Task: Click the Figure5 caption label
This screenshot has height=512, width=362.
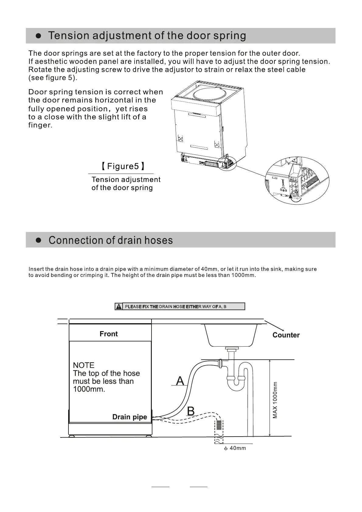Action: [x=123, y=166]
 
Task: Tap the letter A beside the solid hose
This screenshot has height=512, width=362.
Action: [x=180, y=381]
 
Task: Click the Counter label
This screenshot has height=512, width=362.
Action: [x=286, y=335]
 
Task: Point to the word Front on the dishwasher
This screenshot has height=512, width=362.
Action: [x=109, y=334]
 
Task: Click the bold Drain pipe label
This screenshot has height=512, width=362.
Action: [x=130, y=417]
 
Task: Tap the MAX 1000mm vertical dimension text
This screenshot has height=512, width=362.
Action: [x=275, y=400]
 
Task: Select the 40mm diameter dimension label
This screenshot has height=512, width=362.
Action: [x=235, y=448]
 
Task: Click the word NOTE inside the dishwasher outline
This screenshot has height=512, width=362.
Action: [x=84, y=365]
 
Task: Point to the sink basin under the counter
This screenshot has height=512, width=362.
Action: [x=231, y=335]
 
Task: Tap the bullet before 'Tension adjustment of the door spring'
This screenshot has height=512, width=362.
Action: [x=39, y=36]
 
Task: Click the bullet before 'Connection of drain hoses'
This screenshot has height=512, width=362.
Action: [x=39, y=240]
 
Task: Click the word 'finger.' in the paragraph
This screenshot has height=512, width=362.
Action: [x=40, y=125]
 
